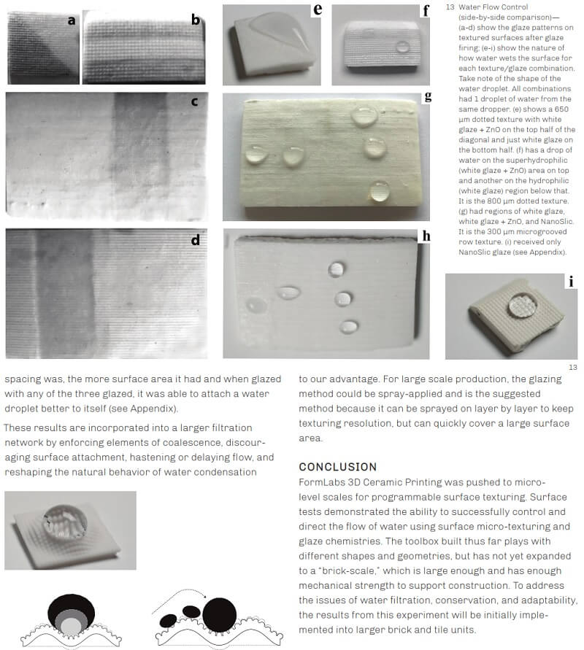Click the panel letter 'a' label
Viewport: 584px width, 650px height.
pos(72,20)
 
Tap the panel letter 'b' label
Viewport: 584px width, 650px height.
pos(196,20)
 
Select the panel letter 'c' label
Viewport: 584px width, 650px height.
pos(194,101)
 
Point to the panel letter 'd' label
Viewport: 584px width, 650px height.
pos(196,239)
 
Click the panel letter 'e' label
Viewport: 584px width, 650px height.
pos(318,9)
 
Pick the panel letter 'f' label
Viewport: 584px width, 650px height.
pos(426,10)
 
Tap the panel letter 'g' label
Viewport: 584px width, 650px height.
pos(428,97)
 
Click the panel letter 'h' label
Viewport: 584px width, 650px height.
pos(426,236)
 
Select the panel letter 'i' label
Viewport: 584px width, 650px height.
pos(571,282)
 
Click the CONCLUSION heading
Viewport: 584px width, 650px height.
pos(337,467)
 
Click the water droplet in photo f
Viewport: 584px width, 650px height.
pos(402,47)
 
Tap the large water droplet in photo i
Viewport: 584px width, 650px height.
pos(523,305)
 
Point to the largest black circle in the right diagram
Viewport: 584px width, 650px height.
pos(220,615)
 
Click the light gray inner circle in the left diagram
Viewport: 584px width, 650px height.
pos(71,626)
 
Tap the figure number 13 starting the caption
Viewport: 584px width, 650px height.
pos(450,7)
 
